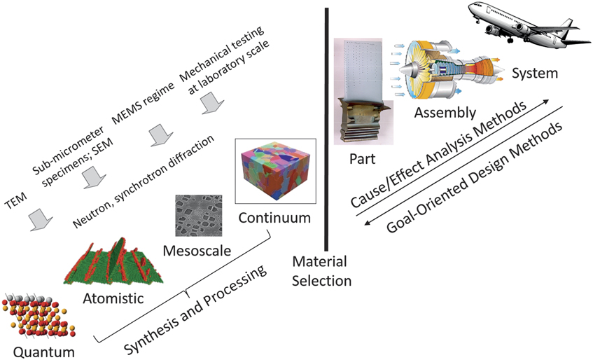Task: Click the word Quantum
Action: tap(34, 348)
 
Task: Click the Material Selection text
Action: tap(321, 271)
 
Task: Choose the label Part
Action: tap(363, 159)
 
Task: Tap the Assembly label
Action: tap(445, 112)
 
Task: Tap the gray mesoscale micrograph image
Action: tap(198, 215)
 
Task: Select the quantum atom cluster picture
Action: tap(34, 314)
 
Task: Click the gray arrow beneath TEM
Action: tap(39, 221)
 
